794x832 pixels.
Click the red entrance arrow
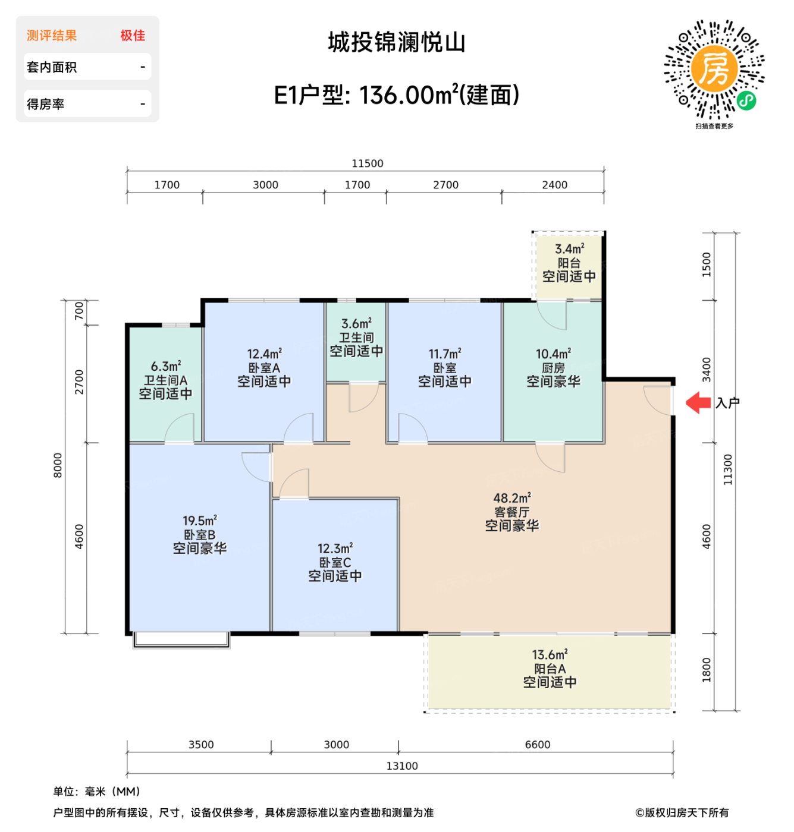698,403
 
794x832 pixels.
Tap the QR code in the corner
714,70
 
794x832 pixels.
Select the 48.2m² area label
511,498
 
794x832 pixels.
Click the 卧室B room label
200,535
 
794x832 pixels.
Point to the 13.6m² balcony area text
550,655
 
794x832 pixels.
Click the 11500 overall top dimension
367,163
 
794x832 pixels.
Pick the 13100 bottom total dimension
402,766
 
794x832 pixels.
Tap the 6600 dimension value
537,745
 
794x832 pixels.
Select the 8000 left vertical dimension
58,465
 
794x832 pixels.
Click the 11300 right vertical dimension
728,470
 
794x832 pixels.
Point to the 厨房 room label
553,368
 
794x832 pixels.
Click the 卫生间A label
165,380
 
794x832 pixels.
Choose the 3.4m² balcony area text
569,249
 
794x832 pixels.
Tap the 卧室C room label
335,562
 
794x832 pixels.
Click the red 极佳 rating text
133,36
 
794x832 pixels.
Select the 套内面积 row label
52,67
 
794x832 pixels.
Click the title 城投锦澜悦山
397,43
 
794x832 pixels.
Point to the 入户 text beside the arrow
727,403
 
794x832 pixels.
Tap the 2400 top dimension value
554,185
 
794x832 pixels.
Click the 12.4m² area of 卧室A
264,354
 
